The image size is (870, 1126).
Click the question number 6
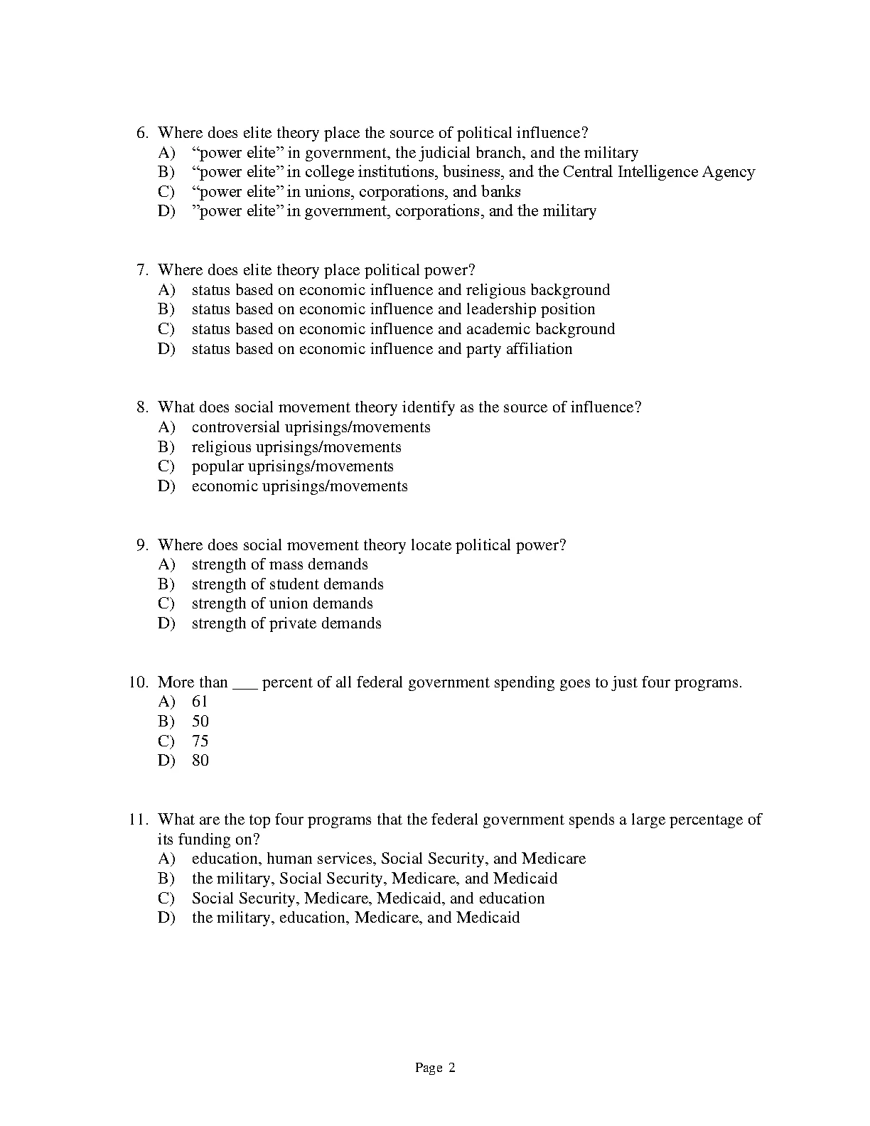pyautogui.click(x=141, y=133)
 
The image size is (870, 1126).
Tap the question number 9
pyautogui.click(x=141, y=545)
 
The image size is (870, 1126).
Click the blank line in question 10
pyautogui.click(x=245, y=685)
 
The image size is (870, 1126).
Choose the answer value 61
pyautogui.click(x=200, y=702)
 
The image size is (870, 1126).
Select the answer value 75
pyautogui.click(x=200, y=741)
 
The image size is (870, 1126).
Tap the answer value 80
pyautogui.click(x=200, y=761)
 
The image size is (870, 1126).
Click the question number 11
pyautogui.click(x=138, y=820)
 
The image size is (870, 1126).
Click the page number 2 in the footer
pyautogui.click(x=451, y=1068)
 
